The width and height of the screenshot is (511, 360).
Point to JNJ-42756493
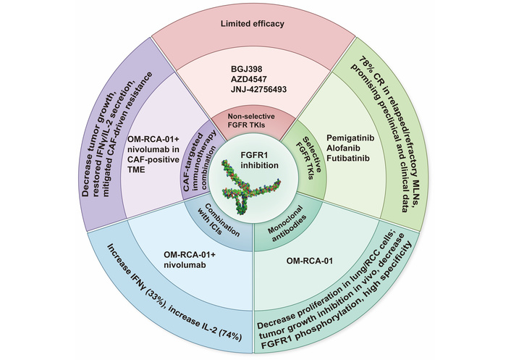tap(258, 98)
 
